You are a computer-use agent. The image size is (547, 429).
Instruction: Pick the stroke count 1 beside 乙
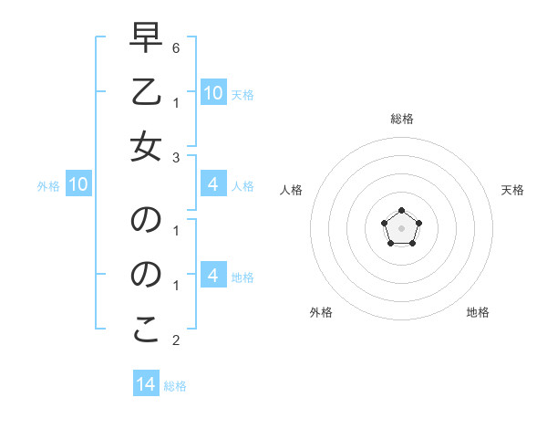click(x=176, y=100)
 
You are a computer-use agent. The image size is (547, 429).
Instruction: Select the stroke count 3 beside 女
click(x=176, y=157)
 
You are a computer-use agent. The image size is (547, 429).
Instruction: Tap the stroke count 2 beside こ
click(x=176, y=341)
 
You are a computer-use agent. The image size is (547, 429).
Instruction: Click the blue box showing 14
click(x=146, y=384)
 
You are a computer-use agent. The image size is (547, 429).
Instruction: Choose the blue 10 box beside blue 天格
click(x=213, y=93)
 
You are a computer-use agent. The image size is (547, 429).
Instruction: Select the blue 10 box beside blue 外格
click(x=78, y=185)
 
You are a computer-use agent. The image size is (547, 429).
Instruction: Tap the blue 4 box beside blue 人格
click(x=213, y=185)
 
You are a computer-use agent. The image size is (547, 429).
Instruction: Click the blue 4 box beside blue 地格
click(x=213, y=276)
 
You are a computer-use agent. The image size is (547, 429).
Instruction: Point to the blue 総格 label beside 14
click(x=175, y=386)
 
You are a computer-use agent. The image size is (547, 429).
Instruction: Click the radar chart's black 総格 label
click(x=401, y=119)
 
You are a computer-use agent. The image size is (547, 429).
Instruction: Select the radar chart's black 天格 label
click(x=512, y=190)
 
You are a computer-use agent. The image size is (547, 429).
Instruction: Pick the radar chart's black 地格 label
click(x=478, y=312)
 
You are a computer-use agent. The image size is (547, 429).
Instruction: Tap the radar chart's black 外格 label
click(x=321, y=312)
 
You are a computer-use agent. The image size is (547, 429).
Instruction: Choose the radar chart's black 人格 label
click(x=292, y=190)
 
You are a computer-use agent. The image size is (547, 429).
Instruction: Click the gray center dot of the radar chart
click(x=401, y=227)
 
